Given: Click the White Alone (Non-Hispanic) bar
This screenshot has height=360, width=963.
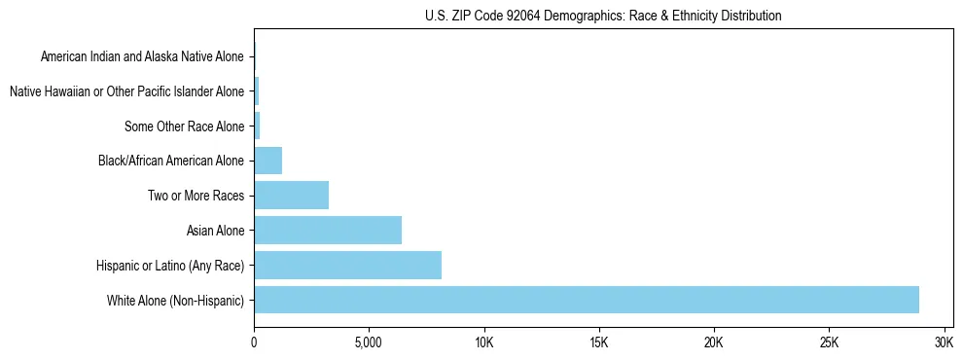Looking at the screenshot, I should click(586, 300).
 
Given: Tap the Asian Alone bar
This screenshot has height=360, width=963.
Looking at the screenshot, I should click(328, 231).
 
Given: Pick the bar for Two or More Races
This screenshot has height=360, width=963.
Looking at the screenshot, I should click(291, 196).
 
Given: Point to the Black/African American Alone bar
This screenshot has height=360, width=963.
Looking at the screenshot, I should click(267, 161).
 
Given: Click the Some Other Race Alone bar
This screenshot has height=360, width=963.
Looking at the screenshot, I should click(257, 126).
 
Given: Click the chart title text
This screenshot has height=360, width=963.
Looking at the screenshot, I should click(603, 16).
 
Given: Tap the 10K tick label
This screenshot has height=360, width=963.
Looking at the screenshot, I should click(483, 343).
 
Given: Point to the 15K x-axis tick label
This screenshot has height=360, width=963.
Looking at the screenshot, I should click(599, 343).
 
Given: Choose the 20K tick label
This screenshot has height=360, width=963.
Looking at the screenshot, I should click(714, 343).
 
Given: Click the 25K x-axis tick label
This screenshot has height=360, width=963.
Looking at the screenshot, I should click(829, 343).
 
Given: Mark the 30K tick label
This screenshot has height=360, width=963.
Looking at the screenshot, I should click(944, 343).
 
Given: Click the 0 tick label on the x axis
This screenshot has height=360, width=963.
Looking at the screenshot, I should click(254, 343).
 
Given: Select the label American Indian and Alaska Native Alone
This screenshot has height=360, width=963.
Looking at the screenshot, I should click(143, 56).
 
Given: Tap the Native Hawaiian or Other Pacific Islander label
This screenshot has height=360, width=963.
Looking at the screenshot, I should click(127, 91).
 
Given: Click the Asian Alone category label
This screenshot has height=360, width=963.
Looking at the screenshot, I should click(216, 231).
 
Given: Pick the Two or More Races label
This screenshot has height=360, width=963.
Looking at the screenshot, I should click(196, 196).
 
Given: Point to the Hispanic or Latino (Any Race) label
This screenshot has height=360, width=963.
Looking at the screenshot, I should click(170, 265).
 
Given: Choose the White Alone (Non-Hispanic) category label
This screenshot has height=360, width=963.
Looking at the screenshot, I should click(176, 300).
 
